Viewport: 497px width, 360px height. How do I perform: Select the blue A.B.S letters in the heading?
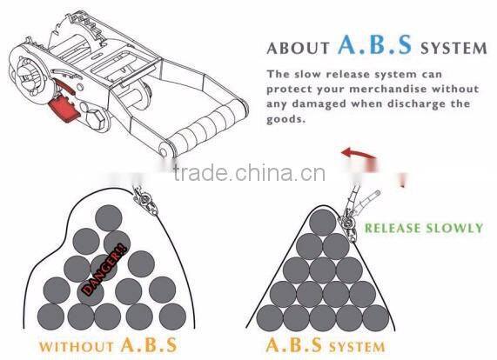coord(374,44)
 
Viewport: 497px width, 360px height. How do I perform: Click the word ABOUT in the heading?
coord(299,48)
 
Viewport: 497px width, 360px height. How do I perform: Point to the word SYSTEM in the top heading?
coord(453,48)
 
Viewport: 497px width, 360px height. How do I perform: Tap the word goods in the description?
coord(285,119)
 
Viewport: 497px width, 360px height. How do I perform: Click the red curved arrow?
coord(357,153)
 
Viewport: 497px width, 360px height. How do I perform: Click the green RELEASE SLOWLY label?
coord(424,228)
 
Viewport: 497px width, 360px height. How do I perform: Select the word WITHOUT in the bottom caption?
coord(76,346)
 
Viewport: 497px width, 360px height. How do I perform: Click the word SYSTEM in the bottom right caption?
coord(357,347)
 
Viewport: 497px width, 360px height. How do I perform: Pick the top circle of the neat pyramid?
coord(322,223)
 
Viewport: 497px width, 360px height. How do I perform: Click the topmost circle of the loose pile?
coord(109,218)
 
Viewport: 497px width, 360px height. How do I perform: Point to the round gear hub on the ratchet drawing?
coord(30,76)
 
